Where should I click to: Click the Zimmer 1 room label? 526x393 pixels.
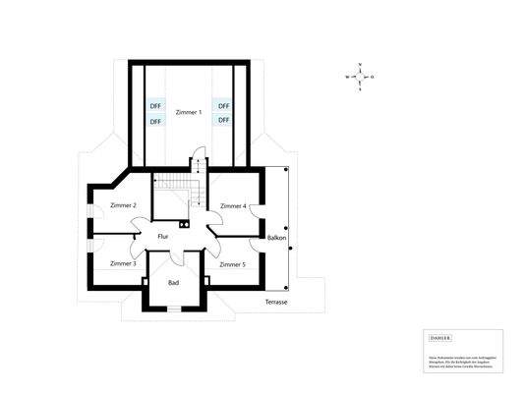[188, 113]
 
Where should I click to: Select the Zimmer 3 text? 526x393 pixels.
[123, 264]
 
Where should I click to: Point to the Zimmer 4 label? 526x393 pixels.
[233, 206]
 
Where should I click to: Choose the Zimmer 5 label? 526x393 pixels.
[232, 264]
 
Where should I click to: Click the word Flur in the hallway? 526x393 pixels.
[165, 237]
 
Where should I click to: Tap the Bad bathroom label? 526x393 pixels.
[173, 282]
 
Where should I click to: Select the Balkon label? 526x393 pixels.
[276, 239]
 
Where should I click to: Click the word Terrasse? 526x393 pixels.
[275, 302]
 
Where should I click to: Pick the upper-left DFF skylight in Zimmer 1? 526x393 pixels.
[154, 105]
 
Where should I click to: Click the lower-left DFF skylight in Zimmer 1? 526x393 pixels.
[154, 121]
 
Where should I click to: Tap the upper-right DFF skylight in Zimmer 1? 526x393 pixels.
[223, 105]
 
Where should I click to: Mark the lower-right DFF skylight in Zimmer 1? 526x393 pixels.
[223, 120]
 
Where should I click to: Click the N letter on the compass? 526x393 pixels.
[362, 66]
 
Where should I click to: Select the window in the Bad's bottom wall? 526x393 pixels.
[173, 308]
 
